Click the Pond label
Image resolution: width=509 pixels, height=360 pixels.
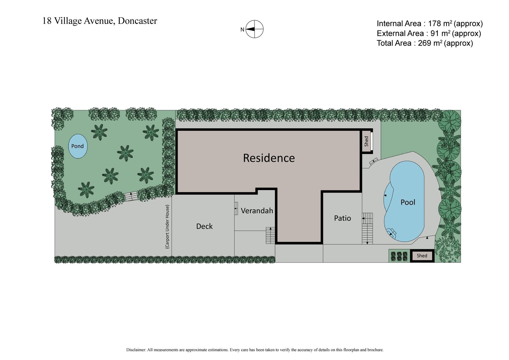(77, 146)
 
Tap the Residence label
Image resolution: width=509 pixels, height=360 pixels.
(269, 158)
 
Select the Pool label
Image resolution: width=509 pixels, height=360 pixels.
(408, 202)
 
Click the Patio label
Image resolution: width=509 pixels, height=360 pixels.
(342, 218)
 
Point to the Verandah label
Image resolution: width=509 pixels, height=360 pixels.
(257, 210)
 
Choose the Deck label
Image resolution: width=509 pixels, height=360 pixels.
(204, 226)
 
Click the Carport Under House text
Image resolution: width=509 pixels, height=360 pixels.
(167, 226)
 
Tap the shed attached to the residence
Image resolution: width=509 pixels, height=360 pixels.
(366, 141)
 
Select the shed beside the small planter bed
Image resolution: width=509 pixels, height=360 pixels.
(422, 256)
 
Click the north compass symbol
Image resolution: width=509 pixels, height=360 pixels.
(254, 29)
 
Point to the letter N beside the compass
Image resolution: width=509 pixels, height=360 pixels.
(242, 30)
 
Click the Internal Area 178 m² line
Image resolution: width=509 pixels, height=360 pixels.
(429, 23)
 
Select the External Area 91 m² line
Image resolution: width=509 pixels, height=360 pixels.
(429, 33)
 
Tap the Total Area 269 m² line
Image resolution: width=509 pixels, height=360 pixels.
(425, 43)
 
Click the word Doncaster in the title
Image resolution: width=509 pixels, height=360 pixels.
(137, 21)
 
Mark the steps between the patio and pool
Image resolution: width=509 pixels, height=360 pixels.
(367, 228)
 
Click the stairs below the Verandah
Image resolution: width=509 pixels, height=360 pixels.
(270, 236)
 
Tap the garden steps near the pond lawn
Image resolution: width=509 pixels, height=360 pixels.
(130, 196)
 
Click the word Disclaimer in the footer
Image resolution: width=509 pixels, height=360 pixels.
(136, 350)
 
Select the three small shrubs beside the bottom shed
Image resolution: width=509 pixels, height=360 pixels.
(399, 256)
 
